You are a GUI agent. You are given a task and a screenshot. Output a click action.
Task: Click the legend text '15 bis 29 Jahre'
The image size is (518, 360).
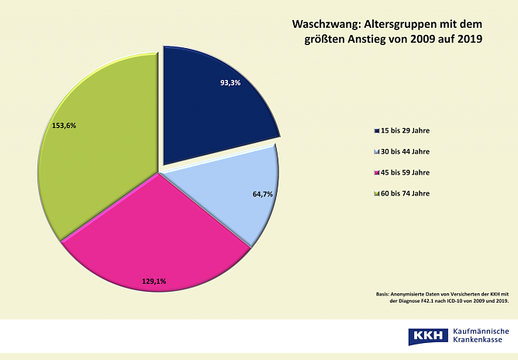coord(405,130)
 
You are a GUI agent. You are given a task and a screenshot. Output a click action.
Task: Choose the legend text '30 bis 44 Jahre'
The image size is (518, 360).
coord(405,151)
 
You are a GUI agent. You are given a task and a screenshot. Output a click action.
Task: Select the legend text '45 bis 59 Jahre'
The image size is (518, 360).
coord(405,172)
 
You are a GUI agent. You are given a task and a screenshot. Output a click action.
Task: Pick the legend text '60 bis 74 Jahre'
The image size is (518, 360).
coord(405,193)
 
